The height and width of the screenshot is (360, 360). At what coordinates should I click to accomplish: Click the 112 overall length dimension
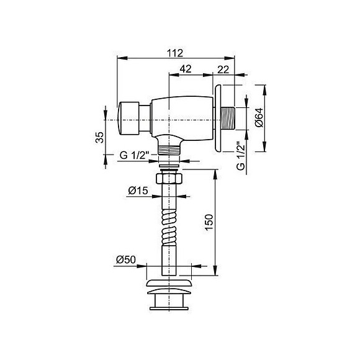(175, 53)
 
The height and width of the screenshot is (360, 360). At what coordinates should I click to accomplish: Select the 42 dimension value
(186, 69)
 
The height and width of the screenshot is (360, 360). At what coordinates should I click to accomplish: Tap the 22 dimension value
(223, 70)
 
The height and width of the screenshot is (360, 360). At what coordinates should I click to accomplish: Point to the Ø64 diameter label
(259, 117)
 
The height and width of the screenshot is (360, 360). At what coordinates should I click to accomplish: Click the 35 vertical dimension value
(100, 137)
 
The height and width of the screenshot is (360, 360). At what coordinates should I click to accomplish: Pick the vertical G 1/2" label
(241, 155)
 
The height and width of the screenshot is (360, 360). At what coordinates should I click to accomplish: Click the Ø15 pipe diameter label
(138, 191)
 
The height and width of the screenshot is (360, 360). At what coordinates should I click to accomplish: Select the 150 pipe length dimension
(209, 222)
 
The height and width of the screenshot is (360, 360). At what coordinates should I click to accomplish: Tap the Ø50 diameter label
(126, 259)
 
